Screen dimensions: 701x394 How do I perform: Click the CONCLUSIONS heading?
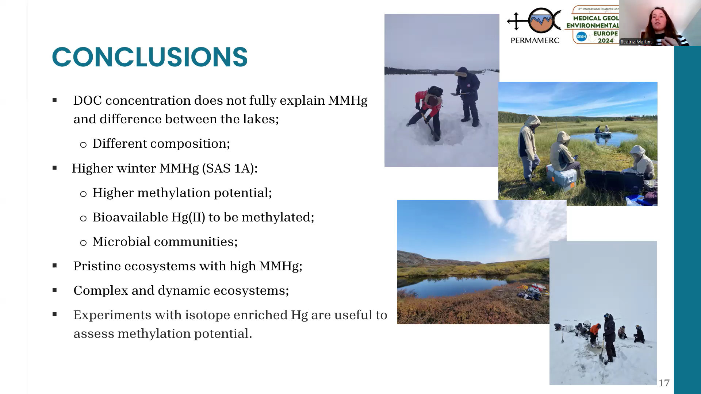(150, 57)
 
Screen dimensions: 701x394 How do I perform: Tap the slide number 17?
(664, 383)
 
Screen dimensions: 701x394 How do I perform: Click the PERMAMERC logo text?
(535, 40)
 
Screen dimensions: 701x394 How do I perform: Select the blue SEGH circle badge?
(581, 36)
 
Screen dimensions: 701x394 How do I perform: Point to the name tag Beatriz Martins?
(636, 42)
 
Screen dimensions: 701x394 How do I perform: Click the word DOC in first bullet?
(88, 100)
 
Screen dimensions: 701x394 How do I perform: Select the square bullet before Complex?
(55, 290)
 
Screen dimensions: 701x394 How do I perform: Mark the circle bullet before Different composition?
(83, 145)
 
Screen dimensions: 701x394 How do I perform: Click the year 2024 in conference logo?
(606, 40)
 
